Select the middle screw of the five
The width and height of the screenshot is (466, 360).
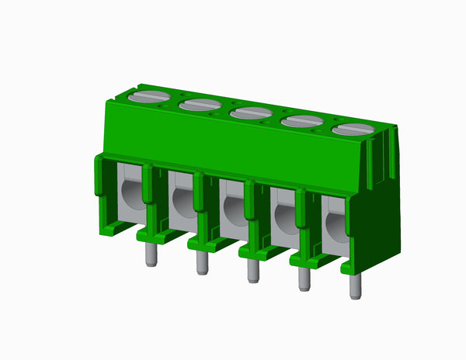pos(251,112)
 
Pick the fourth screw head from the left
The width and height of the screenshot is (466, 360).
pos(301,120)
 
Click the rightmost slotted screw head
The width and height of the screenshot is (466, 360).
pos(353,129)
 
